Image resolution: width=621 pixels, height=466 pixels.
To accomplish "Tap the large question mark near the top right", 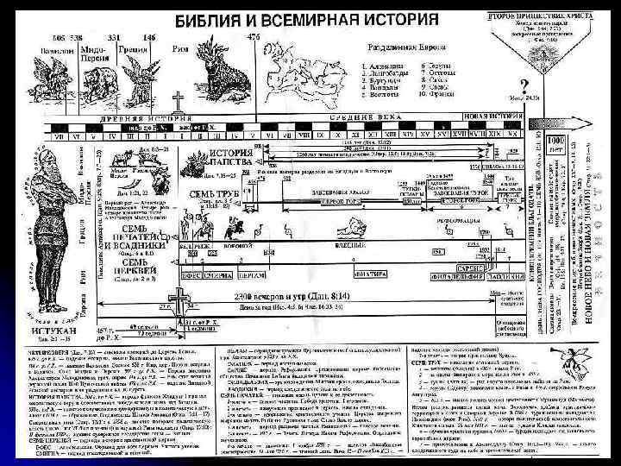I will click(524, 82).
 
